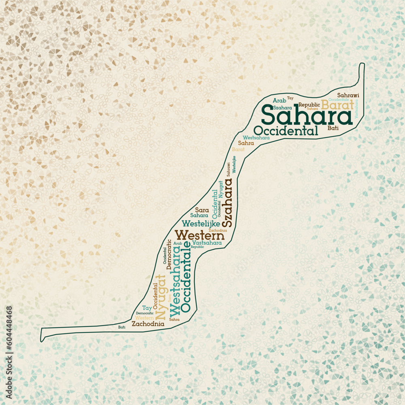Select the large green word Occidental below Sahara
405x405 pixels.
click(x=286, y=131)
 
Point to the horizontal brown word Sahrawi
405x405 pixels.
click(x=348, y=95)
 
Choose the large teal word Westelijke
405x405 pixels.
click(x=201, y=223)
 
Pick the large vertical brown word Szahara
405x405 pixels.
click(x=228, y=202)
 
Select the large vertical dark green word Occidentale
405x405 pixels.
click(x=186, y=277)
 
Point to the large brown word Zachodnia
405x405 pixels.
click(x=148, y=324)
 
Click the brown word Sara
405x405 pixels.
click(x=202, y=210)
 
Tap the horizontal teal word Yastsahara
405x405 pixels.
click(x=207, y=243)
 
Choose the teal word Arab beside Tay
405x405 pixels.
click(x=279, y=100)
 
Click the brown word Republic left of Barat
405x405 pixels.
click(x=309, y=105)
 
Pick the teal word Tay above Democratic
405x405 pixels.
click(x=147, y=308)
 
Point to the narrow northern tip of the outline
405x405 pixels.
click(x=362, y=65)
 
